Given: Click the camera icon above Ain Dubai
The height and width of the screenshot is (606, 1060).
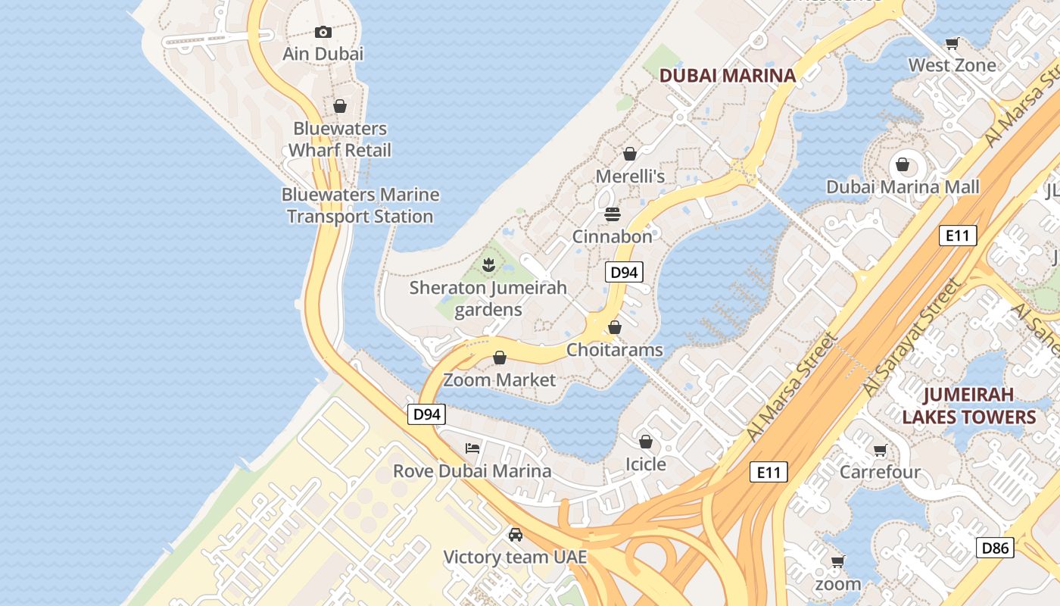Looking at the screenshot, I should (x=323, y=32).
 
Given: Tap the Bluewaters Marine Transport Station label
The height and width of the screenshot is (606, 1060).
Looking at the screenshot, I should (x=360, y=205).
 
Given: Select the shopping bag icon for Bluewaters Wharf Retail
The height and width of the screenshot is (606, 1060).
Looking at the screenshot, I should (x=340, y=106).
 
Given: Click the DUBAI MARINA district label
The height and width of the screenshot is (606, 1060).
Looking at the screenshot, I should (x=728, y=75).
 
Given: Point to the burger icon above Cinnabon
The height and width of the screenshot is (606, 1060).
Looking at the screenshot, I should (x=613, y=214).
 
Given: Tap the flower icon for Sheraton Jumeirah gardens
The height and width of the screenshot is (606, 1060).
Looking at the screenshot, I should (x=488, y=265).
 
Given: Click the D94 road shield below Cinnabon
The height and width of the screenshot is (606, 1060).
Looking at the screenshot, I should (x=624, y=273).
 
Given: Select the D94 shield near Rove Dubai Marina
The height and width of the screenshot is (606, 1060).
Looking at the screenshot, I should (x=427, y=414).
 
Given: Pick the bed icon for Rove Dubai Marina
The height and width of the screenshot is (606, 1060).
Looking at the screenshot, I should (x=472, y=448).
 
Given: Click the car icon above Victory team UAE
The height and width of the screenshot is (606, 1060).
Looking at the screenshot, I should (x=516, y=535).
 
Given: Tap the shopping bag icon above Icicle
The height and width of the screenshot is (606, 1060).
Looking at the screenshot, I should (x=646, y=442).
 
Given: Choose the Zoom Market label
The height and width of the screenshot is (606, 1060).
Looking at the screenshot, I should (x=500, y=380).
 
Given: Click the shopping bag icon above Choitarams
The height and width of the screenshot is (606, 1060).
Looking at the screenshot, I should (x=615, y=327).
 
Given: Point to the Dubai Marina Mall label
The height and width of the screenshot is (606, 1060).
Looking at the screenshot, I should (x=903, y=187).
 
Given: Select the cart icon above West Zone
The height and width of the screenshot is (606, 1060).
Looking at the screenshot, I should (x=952, y=43).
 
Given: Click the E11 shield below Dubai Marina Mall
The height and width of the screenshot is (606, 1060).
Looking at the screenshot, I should (x=958, y=236).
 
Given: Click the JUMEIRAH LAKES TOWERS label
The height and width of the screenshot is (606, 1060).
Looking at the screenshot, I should (x=968, y=406).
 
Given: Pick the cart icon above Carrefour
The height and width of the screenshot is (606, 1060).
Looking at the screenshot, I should (x=880, y=451).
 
